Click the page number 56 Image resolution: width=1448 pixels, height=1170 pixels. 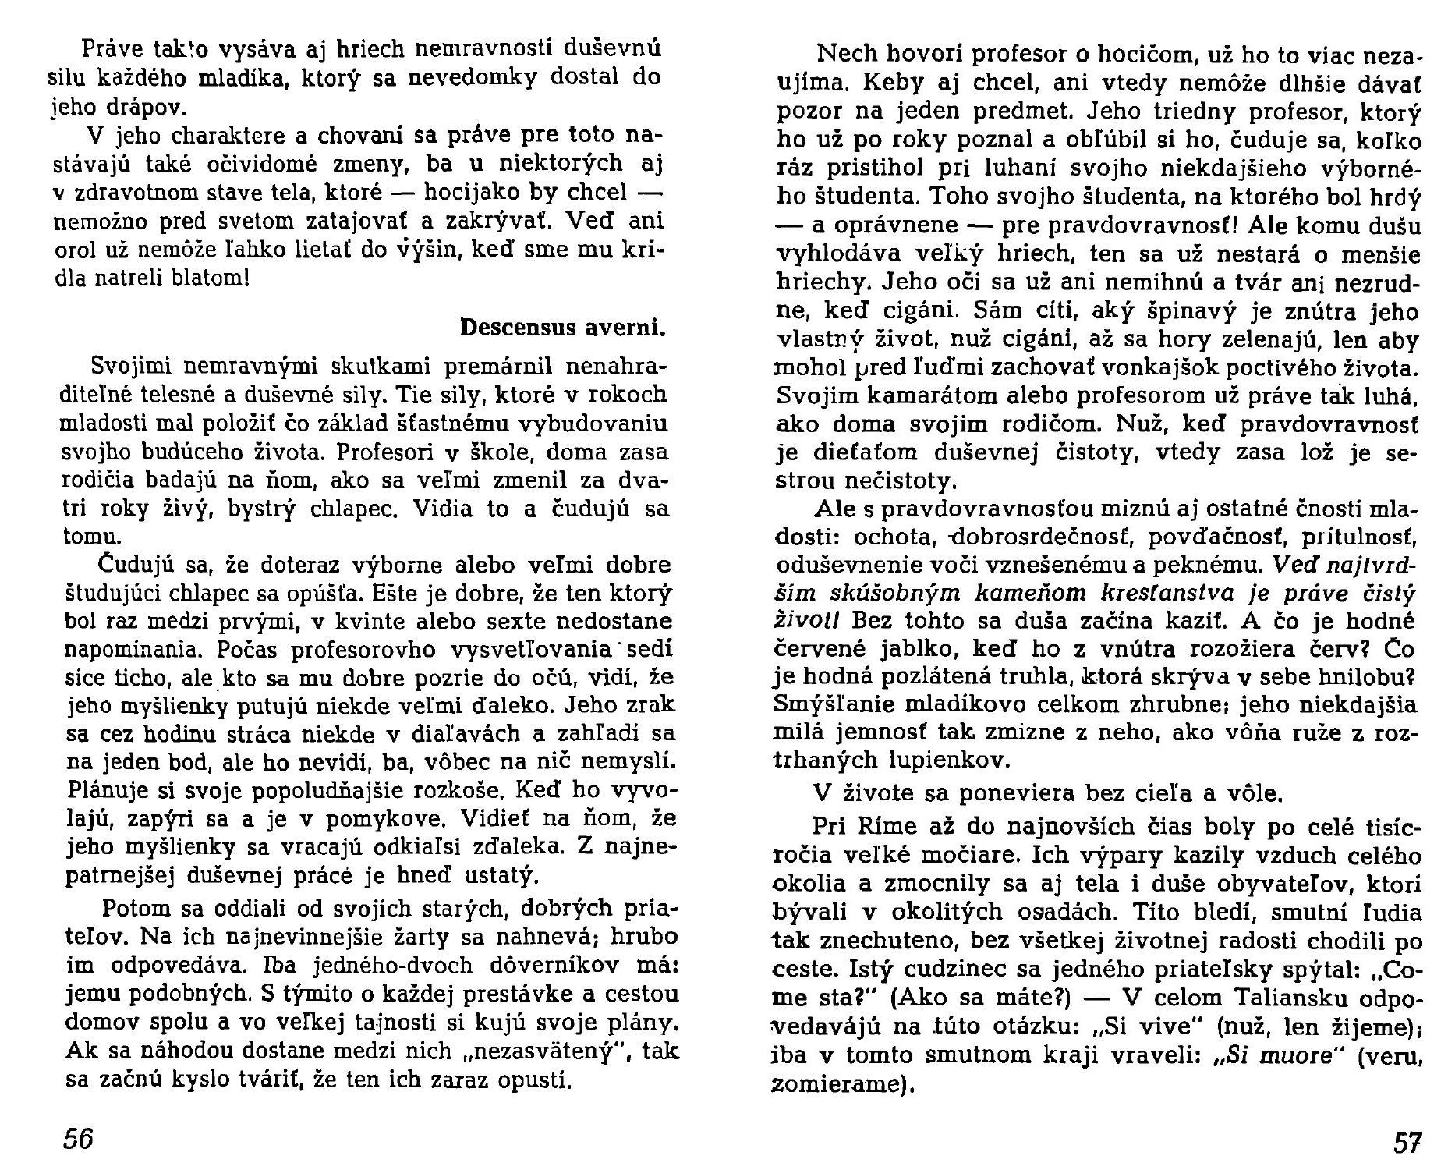78,1140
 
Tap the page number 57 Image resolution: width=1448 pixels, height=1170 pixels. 1407,1143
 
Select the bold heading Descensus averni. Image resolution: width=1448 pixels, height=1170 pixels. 563,327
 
